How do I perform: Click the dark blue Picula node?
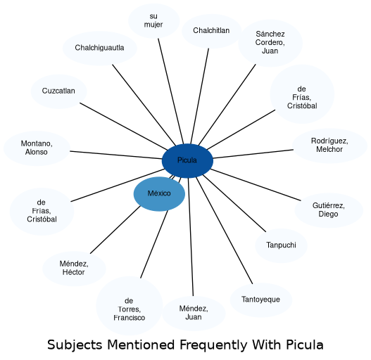tap(187, 160)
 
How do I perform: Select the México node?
tap(159, 193)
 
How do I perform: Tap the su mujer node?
tap(153, 20)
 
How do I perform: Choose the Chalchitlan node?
tap(211, 31)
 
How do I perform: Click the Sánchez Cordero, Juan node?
tap(270, 43)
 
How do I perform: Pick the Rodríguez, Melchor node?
tap(329, 146)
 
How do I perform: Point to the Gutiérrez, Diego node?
tap(329, 210)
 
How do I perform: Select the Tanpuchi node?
tap(281, 245)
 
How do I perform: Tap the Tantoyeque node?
tap(261, 300)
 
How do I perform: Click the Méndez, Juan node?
tap(194, 313)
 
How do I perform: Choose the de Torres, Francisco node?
tap(130, 305)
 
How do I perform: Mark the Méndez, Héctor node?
tap(74, 269)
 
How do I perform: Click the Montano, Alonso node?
tap(37, 148)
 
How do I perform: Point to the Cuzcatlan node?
tap(58, 91)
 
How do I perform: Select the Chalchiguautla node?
tap(99, 48)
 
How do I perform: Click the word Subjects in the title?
tap(75, 345)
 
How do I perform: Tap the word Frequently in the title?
tap(213, 345)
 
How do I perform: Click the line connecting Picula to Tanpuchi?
tap(234, 203)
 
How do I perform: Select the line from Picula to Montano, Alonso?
tap(116, 155)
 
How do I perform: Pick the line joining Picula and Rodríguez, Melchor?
tap(253, 154)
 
